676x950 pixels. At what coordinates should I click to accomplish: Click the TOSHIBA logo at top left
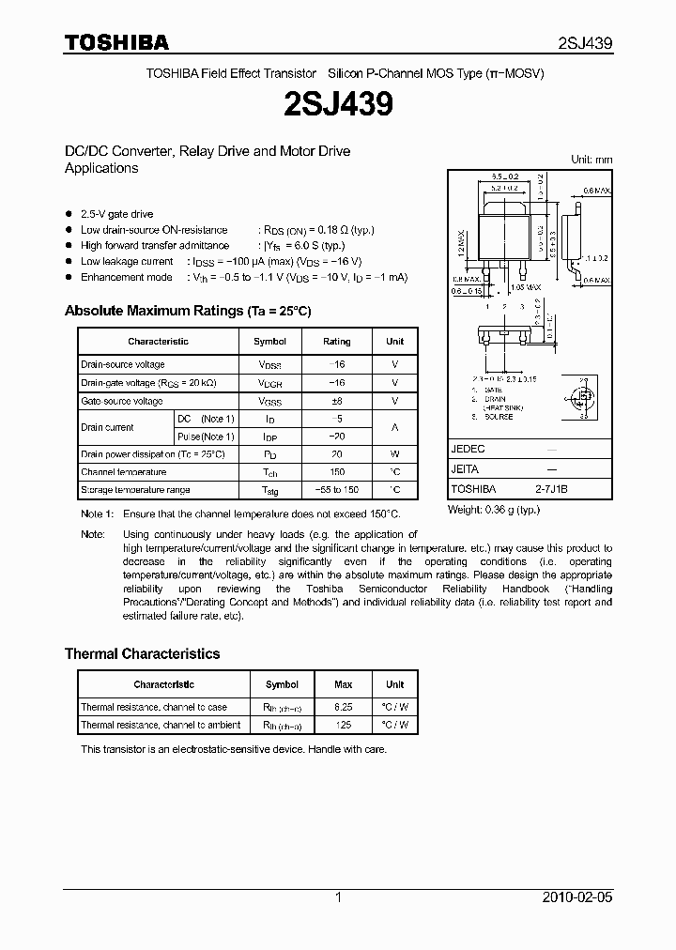coord(116,42)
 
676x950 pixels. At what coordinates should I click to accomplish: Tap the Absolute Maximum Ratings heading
coord(187,311)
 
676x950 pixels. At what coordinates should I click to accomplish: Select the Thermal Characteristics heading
coord(142,653)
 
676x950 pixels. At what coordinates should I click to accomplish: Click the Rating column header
coord(336,342)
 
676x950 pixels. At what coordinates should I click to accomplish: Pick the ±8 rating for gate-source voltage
coord(336,401)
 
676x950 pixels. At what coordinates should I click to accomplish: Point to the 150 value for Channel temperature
coord(336,472)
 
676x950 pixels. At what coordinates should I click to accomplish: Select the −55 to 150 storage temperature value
coord(336,490)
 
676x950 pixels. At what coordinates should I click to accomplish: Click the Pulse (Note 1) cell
coord(206,437)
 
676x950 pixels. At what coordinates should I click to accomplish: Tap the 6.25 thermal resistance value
coord(344,707)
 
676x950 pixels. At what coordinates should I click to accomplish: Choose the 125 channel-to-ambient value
coord(344,725)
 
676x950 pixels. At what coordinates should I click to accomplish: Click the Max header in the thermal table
coord(344,685)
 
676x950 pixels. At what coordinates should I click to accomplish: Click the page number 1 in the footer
coord(338,897)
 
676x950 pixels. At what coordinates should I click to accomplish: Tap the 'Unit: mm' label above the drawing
coord(591,160)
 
